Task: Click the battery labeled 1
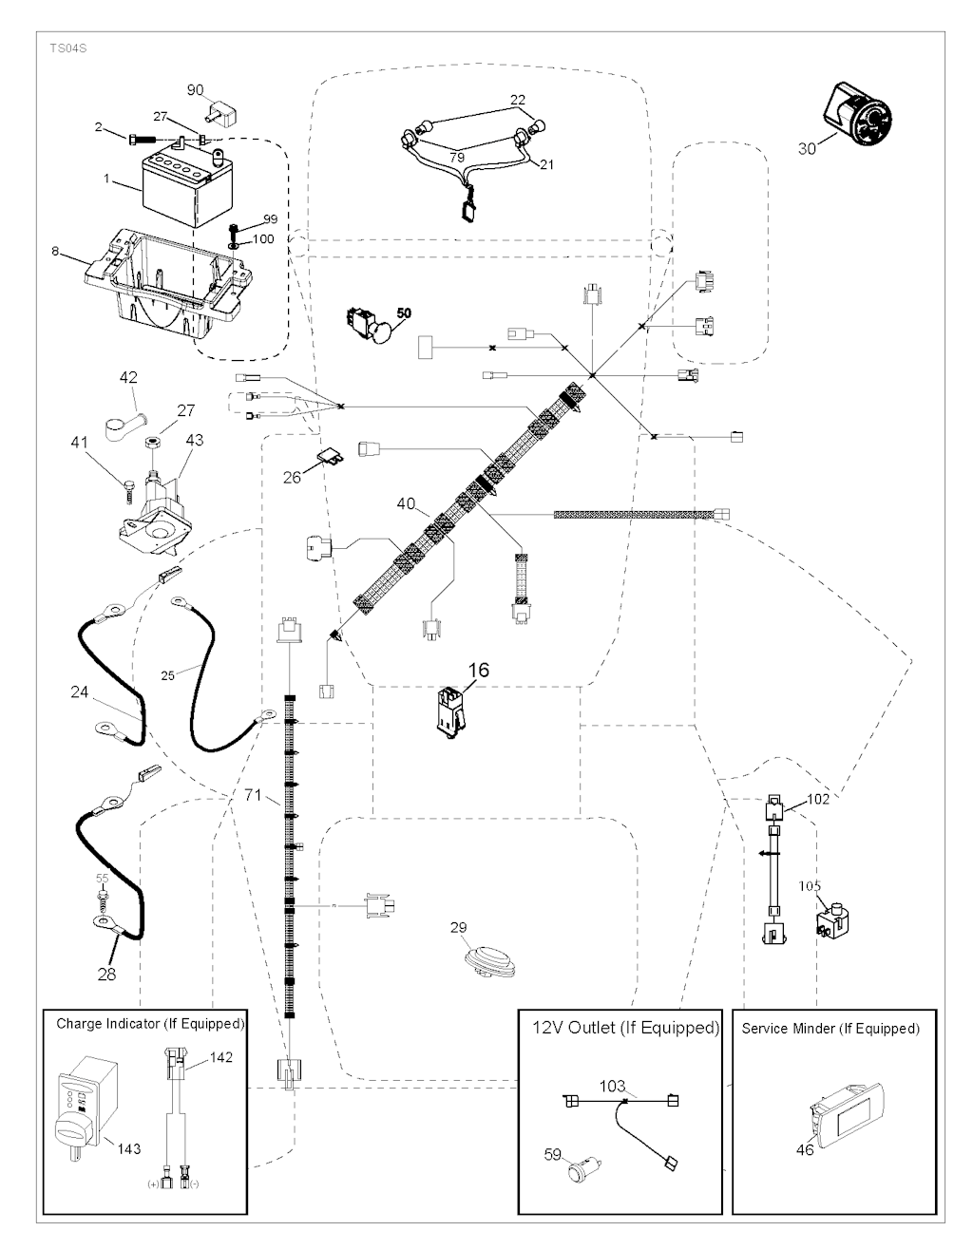click(x=184, y=187)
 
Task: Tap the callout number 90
click(x=196, y=90)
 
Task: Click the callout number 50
click(x=404, y=312)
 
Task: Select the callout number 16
click(x=478, y=670)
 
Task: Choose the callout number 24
click(x=80, y=692)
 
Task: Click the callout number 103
click(x=613, y=1085)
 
